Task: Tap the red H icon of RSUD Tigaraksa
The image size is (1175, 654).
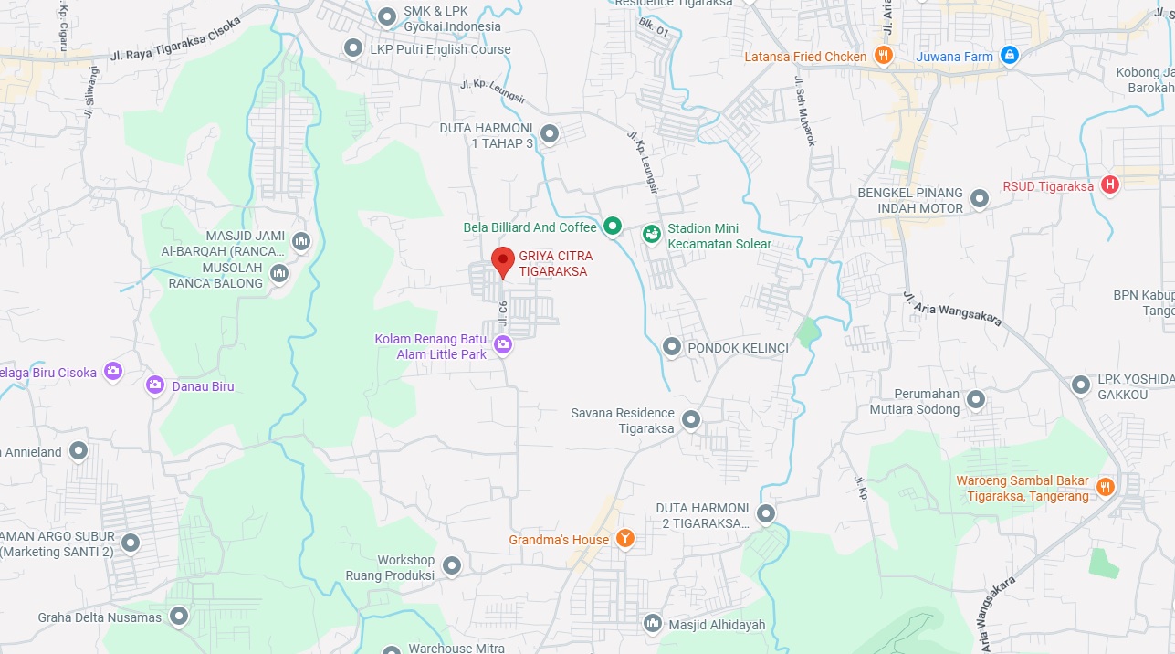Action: click(1110, 185)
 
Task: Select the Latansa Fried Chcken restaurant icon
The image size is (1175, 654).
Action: click(883, 57)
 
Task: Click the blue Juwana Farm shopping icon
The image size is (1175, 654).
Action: click(1009, 57)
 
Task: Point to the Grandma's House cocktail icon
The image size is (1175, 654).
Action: click(625, 539)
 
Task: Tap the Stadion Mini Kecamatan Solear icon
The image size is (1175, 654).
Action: click(652, 235)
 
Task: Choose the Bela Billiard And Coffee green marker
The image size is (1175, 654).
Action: click(613, 227)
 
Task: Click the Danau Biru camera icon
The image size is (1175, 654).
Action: click(155, 385)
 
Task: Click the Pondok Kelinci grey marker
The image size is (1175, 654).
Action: click(672, 347)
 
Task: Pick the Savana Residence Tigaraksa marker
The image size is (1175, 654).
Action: click(691, 420)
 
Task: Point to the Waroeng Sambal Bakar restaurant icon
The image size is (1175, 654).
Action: click(1105, 487)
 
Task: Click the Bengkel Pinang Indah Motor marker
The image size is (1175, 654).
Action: click(980, 198)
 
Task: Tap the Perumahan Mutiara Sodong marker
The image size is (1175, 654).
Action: click(976, 400)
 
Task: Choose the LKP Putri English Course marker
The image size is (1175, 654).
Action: click(353, 48)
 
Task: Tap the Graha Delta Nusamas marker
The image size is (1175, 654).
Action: click(178, 617)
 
